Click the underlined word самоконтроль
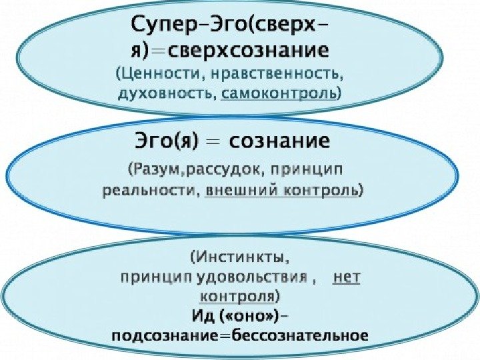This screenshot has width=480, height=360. [280, 93]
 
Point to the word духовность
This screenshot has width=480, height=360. [167, 93]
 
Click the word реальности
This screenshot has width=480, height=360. [150, 191]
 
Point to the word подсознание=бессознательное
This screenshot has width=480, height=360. [241, 335]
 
